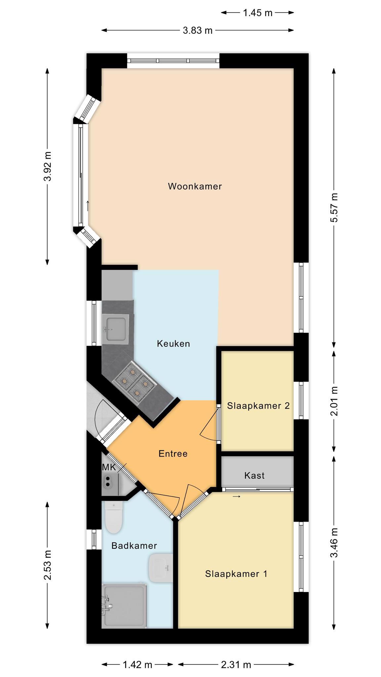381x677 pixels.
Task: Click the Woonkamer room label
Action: (195, 186)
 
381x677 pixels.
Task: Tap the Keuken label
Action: (173, 343)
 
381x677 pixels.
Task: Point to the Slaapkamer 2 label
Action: (258, 406)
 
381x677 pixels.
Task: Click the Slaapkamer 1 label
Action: (236, 574)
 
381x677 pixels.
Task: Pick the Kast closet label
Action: (254, 475)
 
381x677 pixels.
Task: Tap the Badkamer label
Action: (134, 545)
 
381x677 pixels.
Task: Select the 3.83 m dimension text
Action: (197, 30)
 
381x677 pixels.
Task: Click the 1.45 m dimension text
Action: (258, 13)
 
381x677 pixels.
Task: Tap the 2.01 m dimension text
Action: (335, 401)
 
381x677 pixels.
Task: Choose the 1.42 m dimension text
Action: (138, 634)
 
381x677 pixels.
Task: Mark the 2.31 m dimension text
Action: (236, 634)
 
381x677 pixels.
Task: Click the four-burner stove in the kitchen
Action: (134, 382)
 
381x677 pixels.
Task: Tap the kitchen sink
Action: (115, 329)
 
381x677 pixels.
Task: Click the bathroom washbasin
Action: (161, 568)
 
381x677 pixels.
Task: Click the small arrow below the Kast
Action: (236, 496)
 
